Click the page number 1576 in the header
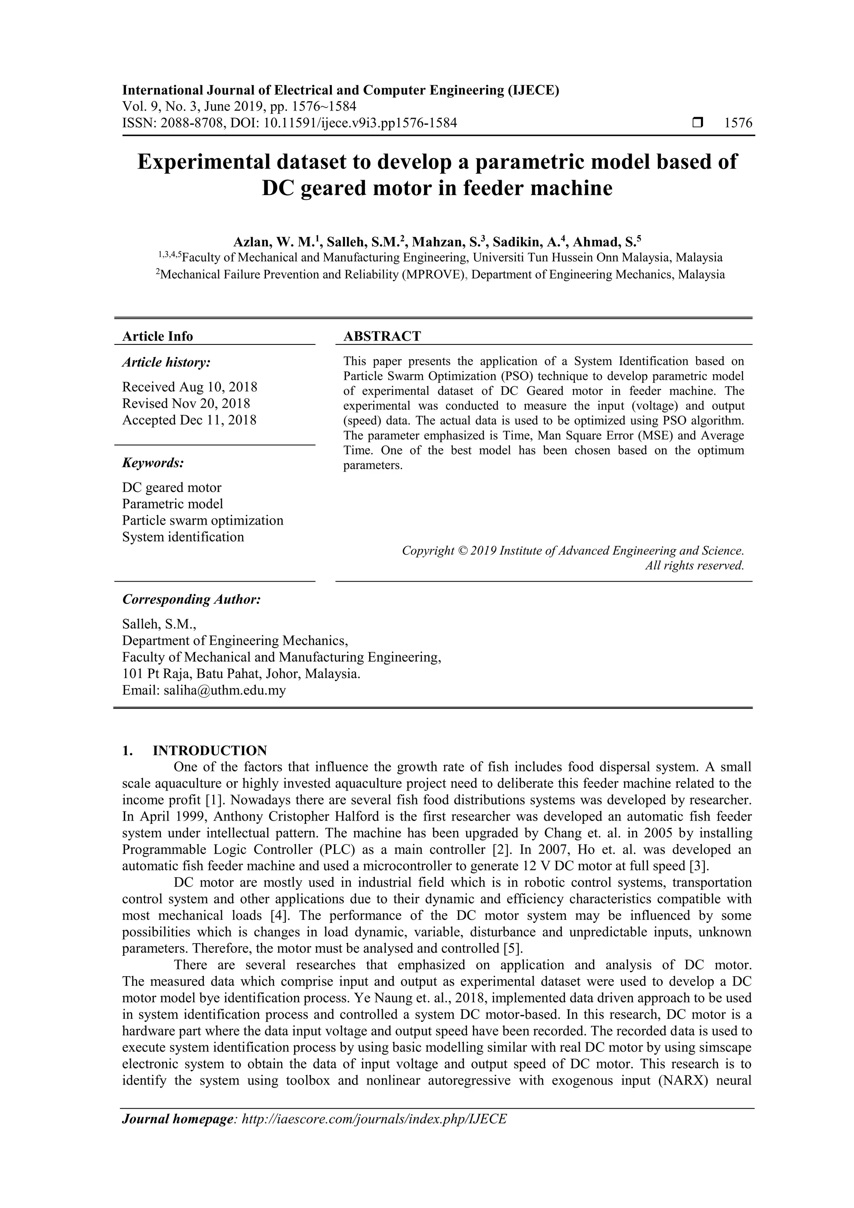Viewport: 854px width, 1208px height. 738,123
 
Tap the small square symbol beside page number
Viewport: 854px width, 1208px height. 698,123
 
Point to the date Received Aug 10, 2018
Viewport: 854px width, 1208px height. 189,387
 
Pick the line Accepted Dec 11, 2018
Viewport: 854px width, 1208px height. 189,420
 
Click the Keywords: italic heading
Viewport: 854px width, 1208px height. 153,463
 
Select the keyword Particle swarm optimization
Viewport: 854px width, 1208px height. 203,520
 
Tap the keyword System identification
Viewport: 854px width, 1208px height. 183,537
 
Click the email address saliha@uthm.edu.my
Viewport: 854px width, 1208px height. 225,690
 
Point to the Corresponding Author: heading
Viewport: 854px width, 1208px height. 191,599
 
